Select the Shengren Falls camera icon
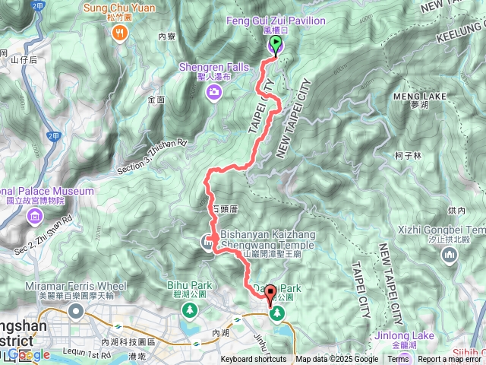click(215, 92)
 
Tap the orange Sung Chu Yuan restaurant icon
click(120, 33)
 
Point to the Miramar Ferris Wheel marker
click(76, 311)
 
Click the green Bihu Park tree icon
click(189, 310)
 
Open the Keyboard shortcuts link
click(254, 360)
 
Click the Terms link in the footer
click(398, 360)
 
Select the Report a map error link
click(450, 360)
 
